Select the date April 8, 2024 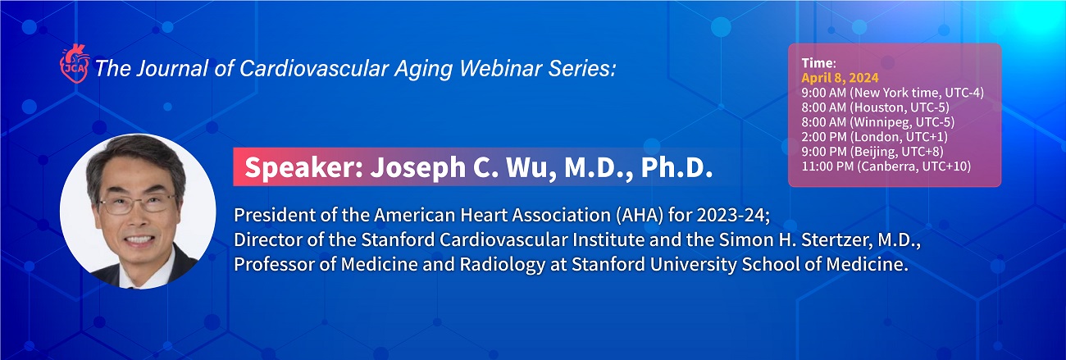[x=840, y=78]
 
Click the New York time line [x=892, y=93]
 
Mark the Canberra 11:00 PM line [x=886, y=166]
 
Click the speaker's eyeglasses [x=137, y=203]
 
